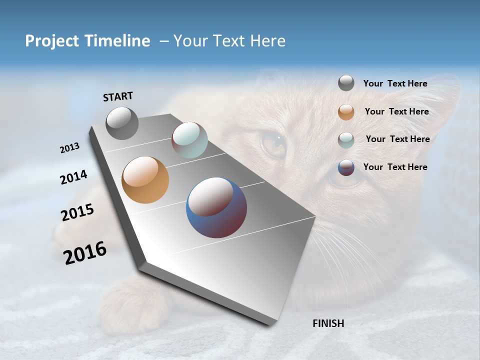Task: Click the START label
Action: [x=118, y=96]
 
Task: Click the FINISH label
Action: [x=328, y=323]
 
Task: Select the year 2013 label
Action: [x=70, y=148]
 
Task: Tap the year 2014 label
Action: [x=73, y=177]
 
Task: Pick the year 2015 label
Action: [x=77, y=212]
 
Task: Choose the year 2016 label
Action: [x=85, y=253]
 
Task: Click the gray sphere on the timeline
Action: [x=122, y=123]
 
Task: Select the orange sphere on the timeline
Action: [x=145, y=180]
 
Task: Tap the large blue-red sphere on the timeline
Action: [x=216, y=207]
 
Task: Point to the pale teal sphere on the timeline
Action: [x=189, y=140]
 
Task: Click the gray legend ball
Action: [x=346, y=83]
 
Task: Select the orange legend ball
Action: [x=346, y=111]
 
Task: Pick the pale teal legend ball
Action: [x=346, y=139]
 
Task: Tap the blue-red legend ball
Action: [x=346, y=167]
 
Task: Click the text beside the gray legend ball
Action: [x=395, y=83]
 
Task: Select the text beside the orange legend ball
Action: [x=396, y=111]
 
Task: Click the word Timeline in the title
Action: [x=115, y=41]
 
